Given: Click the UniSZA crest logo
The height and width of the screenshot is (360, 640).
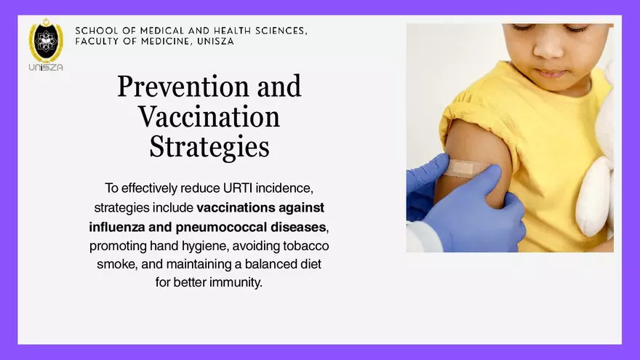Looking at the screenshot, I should (46, 41).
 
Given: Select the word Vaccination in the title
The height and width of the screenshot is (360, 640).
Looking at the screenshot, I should (209, 116).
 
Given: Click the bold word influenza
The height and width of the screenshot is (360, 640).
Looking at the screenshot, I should (118, 226).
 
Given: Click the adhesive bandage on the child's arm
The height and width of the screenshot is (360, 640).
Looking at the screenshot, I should (462, 168).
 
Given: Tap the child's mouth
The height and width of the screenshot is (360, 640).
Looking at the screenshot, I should (551, 73).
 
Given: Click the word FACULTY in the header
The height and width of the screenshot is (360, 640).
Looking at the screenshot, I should (99, 41).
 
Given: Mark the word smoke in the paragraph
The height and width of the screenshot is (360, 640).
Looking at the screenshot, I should (113, 263).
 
